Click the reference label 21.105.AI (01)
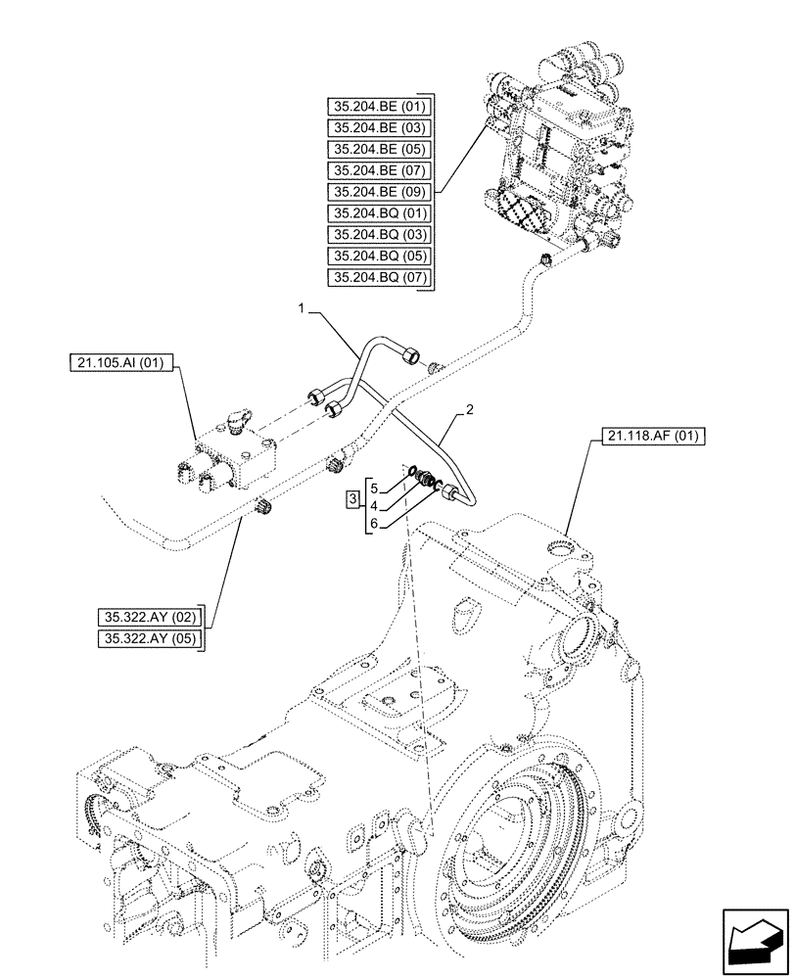(x=121, y=363)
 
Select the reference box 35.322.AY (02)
(x=149, y=617)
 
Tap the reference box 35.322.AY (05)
(x=149, y=639)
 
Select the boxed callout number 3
(x=351, y=503)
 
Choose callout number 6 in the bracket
(x=372, y=525)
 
